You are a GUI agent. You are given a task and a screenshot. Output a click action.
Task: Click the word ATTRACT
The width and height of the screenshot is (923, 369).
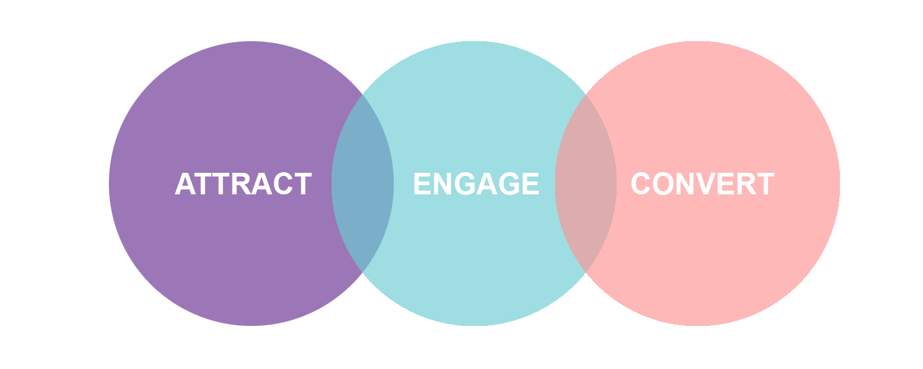(243, 184)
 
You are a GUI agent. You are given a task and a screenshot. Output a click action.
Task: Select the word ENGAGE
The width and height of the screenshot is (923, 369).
(476, 184)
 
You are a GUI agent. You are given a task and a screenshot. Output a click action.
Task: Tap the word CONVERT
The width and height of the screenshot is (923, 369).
(702, 184)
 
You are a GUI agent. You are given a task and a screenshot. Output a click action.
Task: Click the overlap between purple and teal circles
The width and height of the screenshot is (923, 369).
(362, 183)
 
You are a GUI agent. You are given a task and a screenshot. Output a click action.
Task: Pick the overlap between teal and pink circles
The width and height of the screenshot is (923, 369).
(585, 183)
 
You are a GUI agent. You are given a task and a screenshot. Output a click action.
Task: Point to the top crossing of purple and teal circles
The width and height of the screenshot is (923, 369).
(362, 95)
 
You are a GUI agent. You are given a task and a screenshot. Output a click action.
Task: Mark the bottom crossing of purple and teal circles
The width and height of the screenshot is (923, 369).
(362, 271)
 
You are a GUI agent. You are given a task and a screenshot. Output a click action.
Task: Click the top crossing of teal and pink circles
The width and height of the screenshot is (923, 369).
(585, 95)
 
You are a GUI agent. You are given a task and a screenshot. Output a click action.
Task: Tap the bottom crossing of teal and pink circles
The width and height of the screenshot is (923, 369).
(585, 271)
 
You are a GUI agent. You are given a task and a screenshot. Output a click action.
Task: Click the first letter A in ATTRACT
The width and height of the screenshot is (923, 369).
(185, 184)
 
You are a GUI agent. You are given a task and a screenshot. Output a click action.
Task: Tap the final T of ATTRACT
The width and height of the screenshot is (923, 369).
(303, 184)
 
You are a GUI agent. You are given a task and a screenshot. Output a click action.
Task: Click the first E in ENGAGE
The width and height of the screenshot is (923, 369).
(422, 184)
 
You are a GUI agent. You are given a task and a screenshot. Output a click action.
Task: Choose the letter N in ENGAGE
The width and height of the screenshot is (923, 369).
(443, 184)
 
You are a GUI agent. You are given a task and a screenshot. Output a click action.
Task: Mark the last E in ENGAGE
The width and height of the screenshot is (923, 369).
(530, 184)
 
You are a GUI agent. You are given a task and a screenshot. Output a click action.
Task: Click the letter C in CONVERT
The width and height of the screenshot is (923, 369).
(642, 184)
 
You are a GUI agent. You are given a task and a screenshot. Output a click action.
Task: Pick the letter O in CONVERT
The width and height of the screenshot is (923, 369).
(665, 184)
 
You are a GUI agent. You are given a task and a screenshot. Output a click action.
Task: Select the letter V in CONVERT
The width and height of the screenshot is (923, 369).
(708, 184)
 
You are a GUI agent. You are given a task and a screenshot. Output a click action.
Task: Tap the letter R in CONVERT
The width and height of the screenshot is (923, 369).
(748, 184)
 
